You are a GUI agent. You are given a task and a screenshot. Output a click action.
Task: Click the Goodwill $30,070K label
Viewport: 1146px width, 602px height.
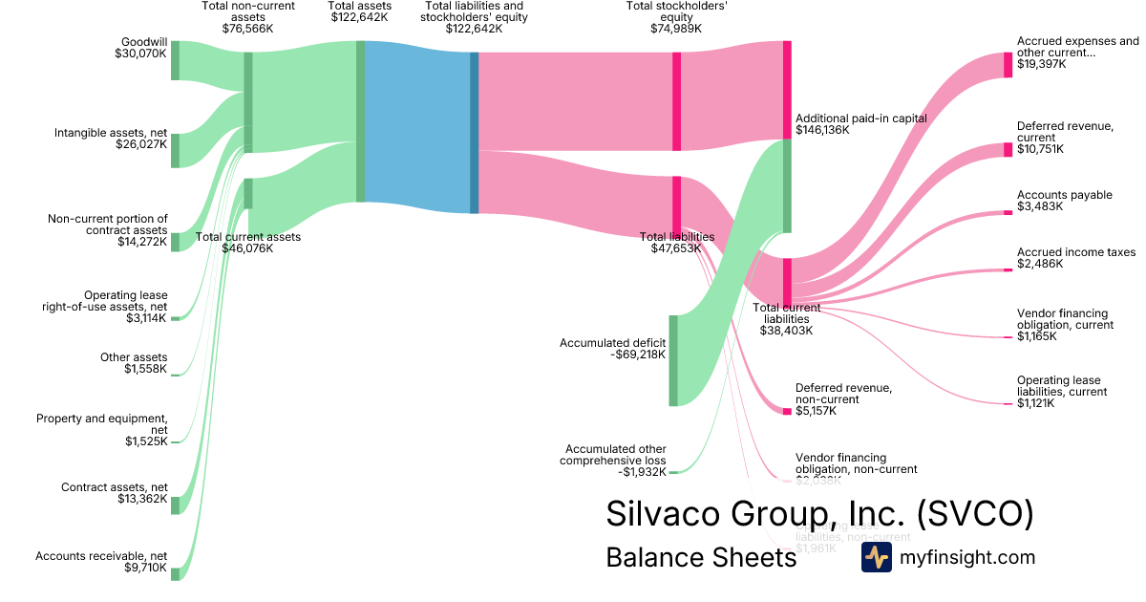(139, 49)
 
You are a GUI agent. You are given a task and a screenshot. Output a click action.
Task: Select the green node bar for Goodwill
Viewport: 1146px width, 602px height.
(175, 61)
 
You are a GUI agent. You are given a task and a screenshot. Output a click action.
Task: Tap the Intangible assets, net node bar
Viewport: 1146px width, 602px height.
(175, 151)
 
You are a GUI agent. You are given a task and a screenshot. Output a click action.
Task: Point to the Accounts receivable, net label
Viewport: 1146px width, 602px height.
(101, 562)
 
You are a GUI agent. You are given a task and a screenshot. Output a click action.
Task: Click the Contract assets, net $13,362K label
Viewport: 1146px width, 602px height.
(114, 493)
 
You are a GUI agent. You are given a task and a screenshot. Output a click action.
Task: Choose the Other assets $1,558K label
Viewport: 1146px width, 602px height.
(134, 363)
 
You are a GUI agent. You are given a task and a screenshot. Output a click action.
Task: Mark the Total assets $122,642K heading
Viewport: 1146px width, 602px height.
(359, 11)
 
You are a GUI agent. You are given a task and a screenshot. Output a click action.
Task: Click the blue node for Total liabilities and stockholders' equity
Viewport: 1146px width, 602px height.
(474, 133)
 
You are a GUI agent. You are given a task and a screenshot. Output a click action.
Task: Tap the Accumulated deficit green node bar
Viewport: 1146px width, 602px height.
(673, 360)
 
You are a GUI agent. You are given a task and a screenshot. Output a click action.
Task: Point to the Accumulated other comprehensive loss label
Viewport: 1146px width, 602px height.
(616, 461)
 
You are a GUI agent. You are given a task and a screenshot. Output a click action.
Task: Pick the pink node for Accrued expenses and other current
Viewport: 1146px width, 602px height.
(1008, 65)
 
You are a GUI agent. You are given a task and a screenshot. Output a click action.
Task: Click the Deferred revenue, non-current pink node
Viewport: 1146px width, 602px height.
(787, 411)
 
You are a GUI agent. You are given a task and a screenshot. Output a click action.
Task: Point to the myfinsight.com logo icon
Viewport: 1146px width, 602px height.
(876, 558)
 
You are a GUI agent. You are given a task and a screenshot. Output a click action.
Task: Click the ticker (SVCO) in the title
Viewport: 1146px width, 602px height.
(975, 514)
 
